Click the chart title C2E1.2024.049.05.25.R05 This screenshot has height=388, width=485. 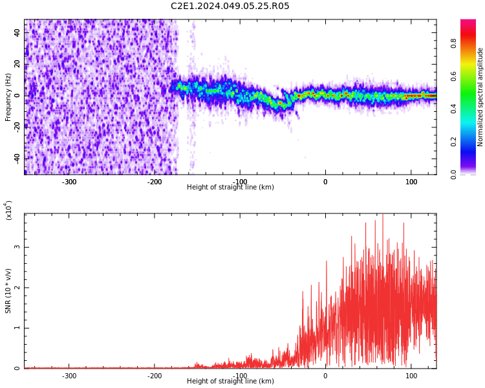coord(230,6)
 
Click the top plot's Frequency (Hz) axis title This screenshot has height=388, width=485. coord(8,97)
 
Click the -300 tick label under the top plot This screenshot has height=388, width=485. coord(69,182)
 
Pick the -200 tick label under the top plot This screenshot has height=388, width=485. coord(155,182)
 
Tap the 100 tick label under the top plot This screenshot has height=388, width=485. coord(411,182)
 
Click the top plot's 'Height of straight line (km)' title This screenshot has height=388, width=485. coord(230,188)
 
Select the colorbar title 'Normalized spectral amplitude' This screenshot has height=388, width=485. coord(480,97)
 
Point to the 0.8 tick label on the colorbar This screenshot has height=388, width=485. coord(471,43)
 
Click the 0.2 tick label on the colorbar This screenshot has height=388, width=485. coord(471,142)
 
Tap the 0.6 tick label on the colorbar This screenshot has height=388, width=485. coord(471,76)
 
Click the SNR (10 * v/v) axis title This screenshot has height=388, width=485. coord(8,291)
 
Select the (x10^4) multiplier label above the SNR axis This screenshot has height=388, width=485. coord(9,210)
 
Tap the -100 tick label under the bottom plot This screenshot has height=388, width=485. coord(240,376)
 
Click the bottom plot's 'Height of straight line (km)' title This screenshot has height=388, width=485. coord(230,382)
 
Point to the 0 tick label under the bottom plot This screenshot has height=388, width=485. coord(325,376)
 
